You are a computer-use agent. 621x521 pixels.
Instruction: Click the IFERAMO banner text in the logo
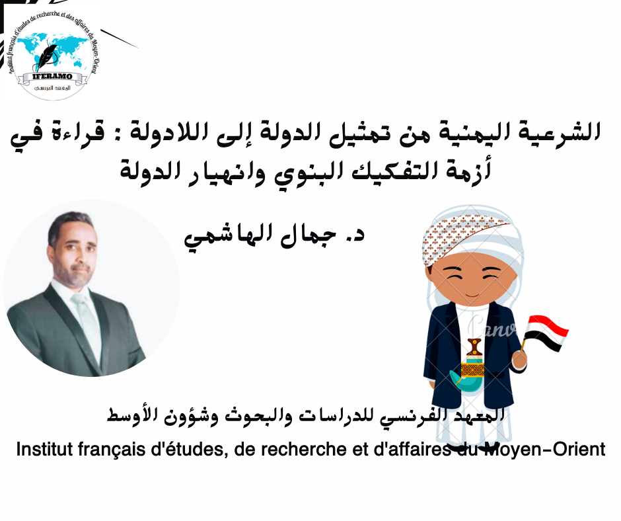pos(57,76)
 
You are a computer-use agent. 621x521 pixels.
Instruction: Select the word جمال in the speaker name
pos(308,237)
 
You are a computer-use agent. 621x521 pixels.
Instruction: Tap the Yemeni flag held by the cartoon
pos(546,333)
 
